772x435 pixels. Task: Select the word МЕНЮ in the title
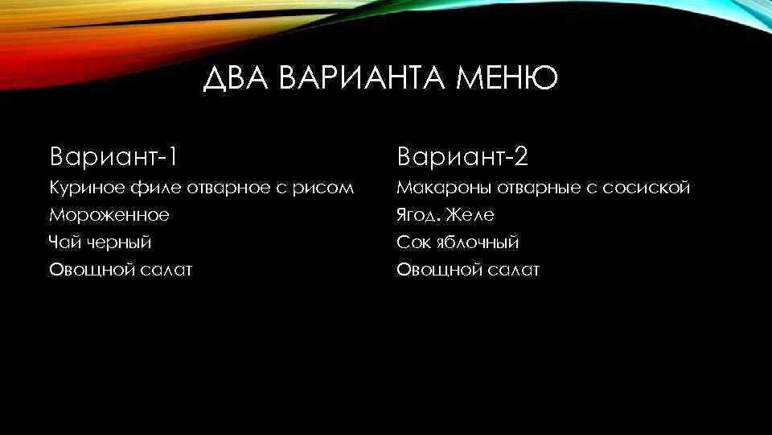(506, 80)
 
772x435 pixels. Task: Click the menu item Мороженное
(109, 215)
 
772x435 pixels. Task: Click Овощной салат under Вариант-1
(121, 269)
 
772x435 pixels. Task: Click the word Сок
(412, 242)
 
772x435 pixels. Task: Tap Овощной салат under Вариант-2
(468, 269)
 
